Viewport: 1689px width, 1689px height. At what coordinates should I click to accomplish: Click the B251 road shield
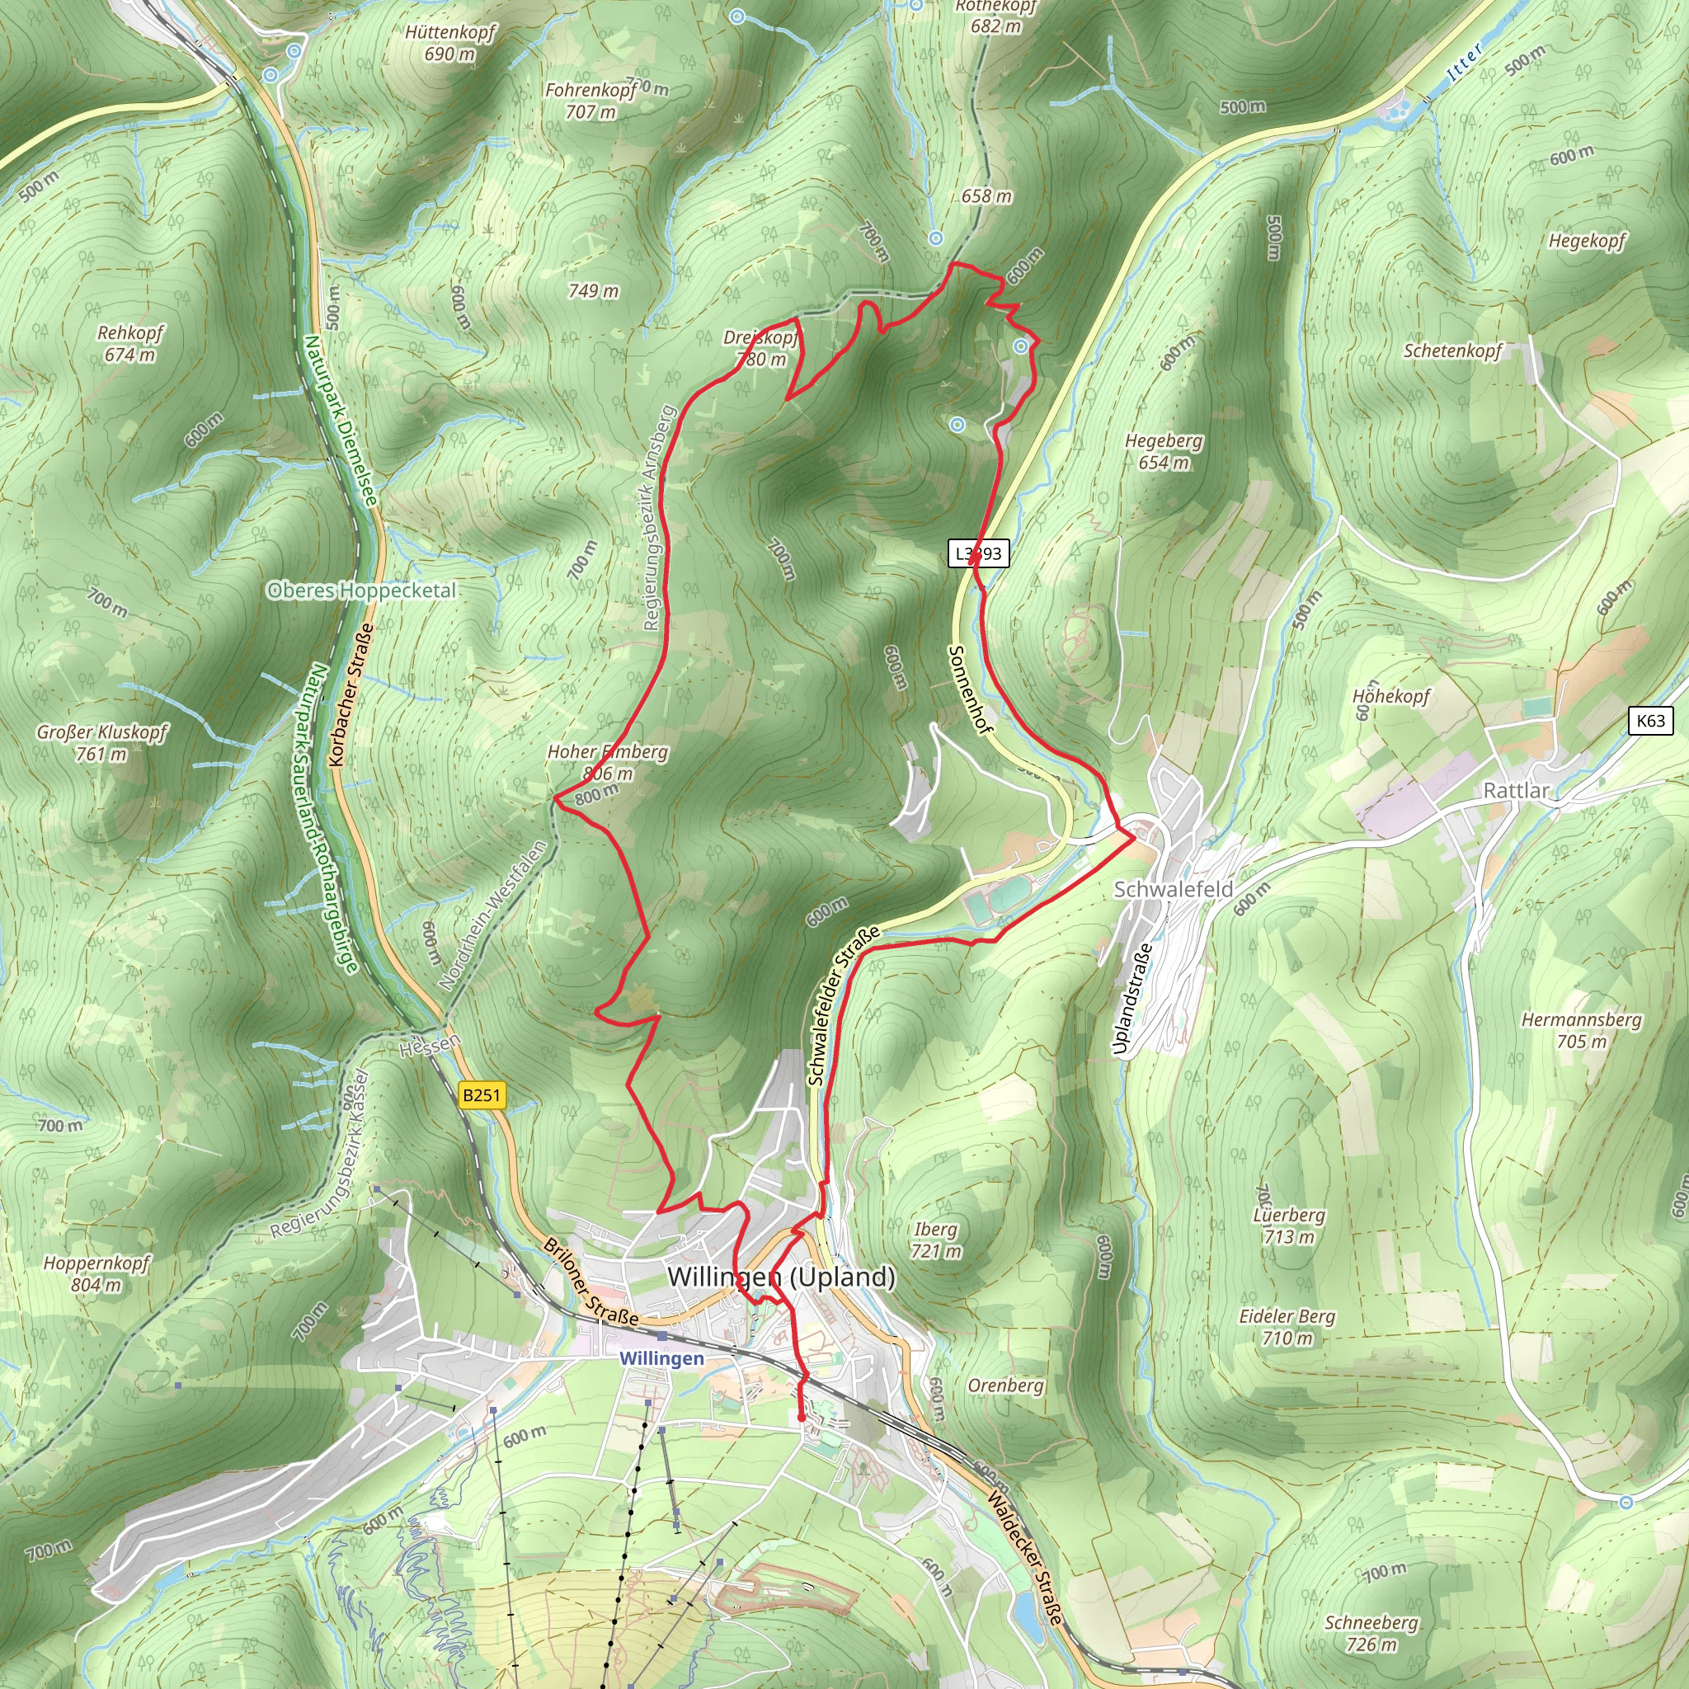[482, 1094]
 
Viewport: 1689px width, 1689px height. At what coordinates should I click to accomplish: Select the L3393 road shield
[979, 553]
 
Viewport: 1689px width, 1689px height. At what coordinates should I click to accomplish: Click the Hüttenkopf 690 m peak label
[450, 43]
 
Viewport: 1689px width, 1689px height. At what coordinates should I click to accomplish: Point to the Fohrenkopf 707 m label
[591, 101]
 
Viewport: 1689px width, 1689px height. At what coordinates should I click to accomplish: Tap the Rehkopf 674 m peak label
[130, 344]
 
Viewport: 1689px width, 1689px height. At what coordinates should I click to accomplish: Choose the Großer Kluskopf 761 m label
[101, 742]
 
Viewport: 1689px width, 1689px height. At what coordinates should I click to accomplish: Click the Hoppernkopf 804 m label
[96, 1273]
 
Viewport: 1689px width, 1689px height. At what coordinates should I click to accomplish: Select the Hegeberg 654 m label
[1163, 451]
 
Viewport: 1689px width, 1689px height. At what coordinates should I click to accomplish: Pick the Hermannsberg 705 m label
[1582, 1030]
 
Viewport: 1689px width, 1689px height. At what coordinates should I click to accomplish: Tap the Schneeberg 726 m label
[1371, 1633]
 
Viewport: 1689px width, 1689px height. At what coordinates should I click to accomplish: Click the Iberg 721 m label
[935, 1240]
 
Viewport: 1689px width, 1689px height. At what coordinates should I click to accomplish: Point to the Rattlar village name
[1516, 790]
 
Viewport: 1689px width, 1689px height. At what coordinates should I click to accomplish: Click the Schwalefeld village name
[1174, 889]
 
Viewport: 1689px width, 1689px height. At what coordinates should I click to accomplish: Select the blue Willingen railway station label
[661, 1357]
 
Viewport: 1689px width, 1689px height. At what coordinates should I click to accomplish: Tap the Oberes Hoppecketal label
[361, 590]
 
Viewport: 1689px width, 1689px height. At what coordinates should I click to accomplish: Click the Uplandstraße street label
[1132, 1000]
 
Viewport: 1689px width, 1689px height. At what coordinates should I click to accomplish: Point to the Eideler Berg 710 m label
[1287, 1326]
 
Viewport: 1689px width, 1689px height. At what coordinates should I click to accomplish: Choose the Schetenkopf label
[1452, 351]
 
